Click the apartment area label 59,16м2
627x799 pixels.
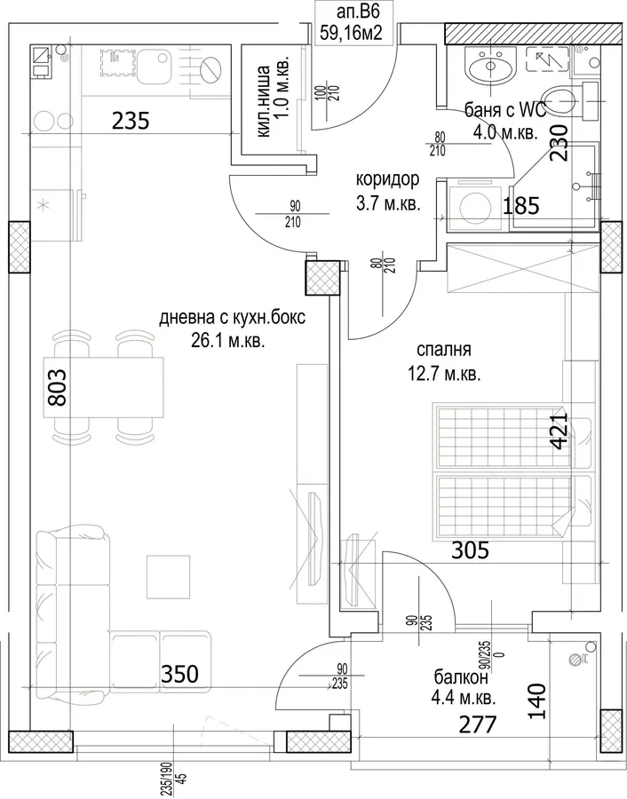click(x=351, y=34)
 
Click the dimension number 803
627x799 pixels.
click(x=57, y=387)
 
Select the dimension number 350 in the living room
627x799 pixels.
click(x=179, y=674)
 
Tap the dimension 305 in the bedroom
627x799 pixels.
click(x=471, y=550)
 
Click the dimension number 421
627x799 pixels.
click(x=559, y=431)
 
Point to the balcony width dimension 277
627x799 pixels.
click(x=478, y=724)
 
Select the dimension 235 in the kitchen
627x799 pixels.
click(x=131, y=121)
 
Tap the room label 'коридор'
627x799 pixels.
click(x=387, y=179)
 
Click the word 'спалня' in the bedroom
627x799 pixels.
click(x=443, y=350)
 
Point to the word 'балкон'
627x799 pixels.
click(x=461, y=676)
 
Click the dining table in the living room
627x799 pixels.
click(x=108, y=387)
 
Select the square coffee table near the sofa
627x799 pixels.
click(x=168, y=576)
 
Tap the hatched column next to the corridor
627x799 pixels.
click(x=322, y=278)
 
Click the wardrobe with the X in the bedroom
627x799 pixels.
click(x=521, y=268)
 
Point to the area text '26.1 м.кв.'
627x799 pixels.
click(x=228, y=341)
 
